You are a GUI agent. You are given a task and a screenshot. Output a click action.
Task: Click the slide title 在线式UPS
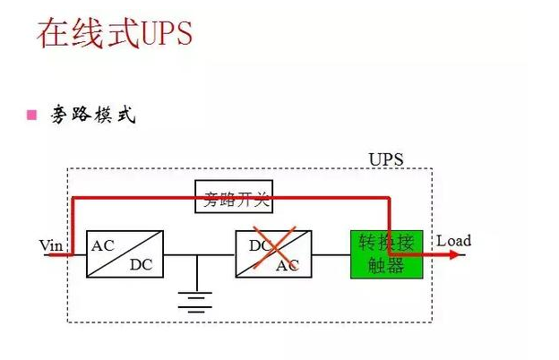[x=114, y=33]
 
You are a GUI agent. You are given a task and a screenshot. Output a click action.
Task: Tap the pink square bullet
[x=32, y=115]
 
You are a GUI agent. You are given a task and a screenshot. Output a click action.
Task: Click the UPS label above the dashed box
[x=386, y=159]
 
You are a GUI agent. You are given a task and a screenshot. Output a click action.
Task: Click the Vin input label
[x=50, y=244]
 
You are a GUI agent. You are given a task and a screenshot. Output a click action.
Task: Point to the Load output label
[x=453, y=241]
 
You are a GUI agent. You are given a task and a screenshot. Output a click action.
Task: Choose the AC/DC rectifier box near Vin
[x=125, y=253]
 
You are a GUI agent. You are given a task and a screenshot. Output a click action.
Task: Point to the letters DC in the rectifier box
[x=142, y=264]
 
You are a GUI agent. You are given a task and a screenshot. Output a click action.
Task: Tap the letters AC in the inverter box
[x=288, y=265]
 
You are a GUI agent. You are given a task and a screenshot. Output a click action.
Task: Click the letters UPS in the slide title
[x=167, y=33]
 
